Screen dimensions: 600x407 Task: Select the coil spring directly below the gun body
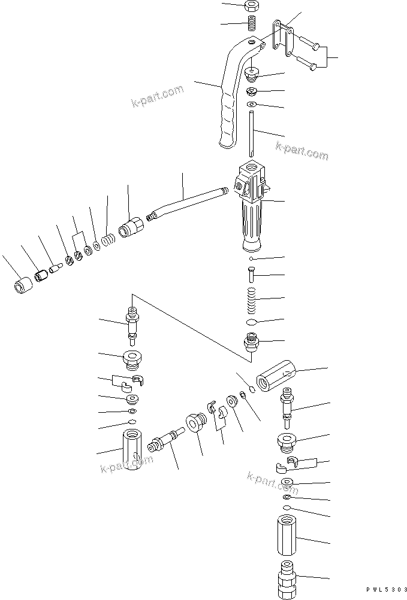click(x=252, y=299)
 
